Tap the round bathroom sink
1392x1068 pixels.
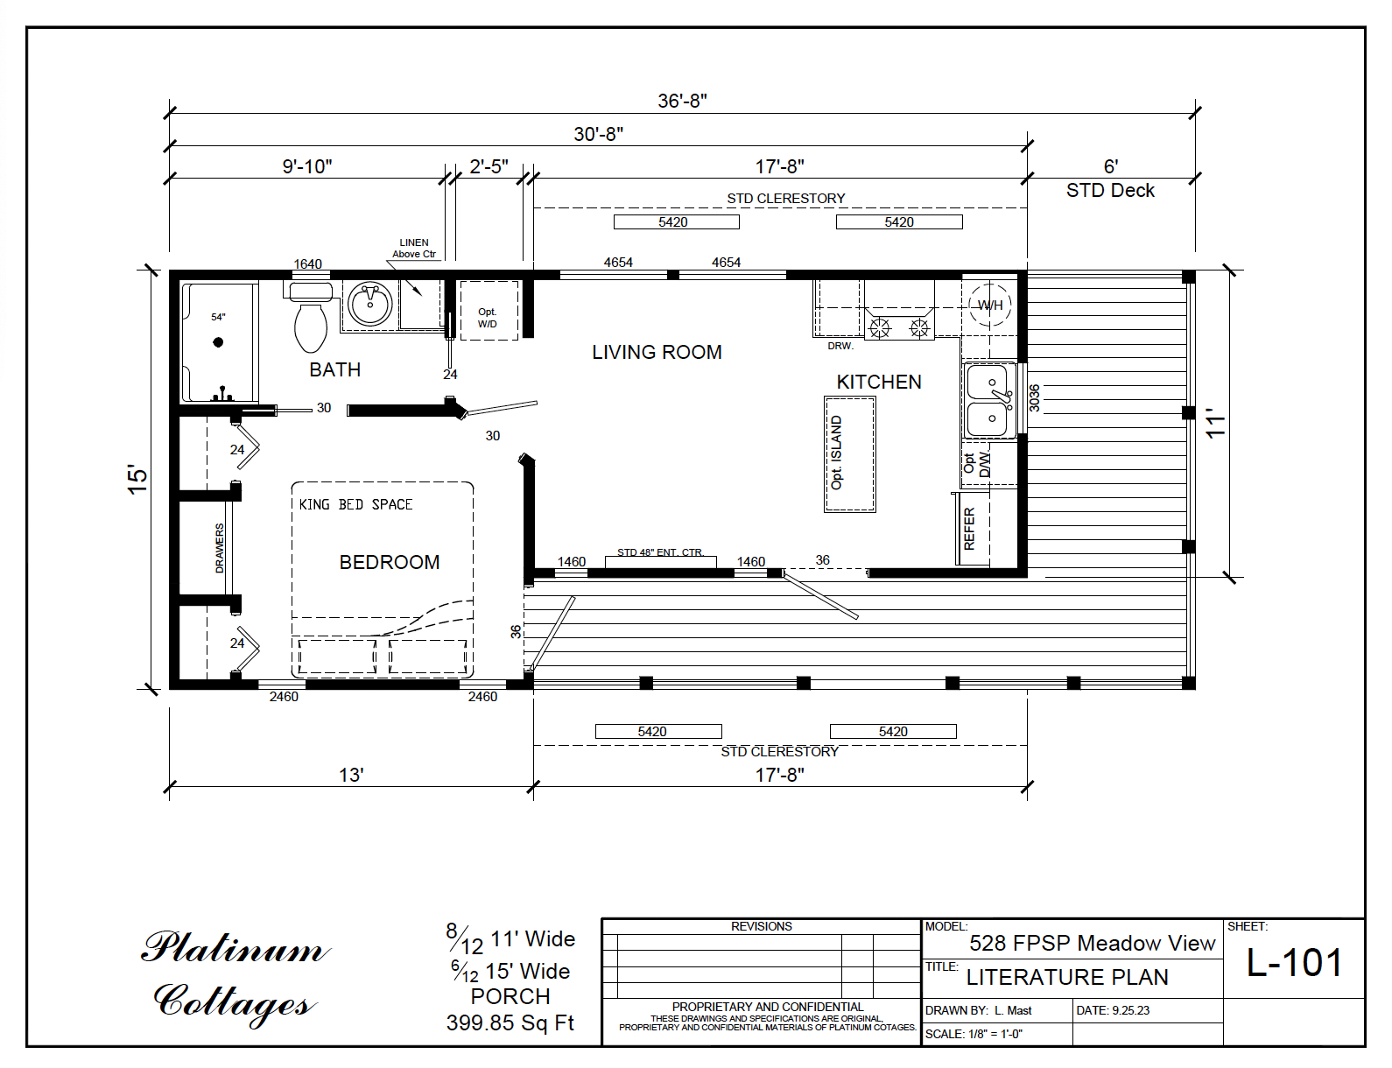click(370, 305)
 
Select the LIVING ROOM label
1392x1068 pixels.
click(657, 352)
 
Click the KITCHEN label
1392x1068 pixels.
click(879, 382)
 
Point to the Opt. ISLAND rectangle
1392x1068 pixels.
click(849, 453)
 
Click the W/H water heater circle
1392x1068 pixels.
click(990, 306)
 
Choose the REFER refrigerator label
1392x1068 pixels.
click(969, 528)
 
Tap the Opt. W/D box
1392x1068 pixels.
click(488, 318)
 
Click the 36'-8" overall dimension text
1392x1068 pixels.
click(682, 101)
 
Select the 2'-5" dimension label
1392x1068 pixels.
click(489, 166)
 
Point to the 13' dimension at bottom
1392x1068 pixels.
click(351, 775)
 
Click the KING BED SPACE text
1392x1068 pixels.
click(355, 504)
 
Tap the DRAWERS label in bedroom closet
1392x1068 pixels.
click(220, 548)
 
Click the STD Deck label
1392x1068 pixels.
click(1110, 190)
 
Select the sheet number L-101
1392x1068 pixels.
click(1294, 963)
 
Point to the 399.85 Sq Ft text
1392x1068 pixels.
click(510, 1022)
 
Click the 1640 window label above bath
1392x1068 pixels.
click(307, 263)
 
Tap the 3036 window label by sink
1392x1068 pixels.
click(1034, 397)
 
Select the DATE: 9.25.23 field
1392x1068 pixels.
click(1113, 1010)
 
